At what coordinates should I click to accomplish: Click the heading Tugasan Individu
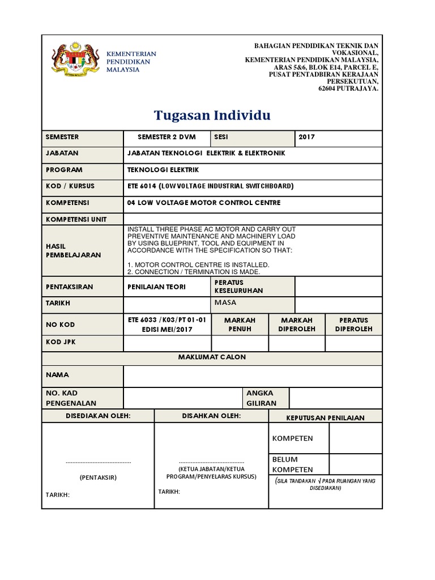[212, 116]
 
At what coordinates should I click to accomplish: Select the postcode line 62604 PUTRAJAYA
[347, 88]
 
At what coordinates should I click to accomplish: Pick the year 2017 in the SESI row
[306, 137]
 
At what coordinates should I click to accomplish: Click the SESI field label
[221, 137]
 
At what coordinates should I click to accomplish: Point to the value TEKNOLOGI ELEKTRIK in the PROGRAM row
[164, 170]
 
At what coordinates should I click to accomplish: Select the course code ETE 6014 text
[144, 186]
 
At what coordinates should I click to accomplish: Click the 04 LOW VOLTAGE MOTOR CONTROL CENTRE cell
[204, 203]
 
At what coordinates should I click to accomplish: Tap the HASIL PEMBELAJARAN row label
[72, 250]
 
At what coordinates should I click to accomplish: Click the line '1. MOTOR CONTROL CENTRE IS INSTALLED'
[199, 265]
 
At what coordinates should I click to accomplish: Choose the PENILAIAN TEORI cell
[157, 287]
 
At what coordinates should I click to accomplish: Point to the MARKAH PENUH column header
[240, 325]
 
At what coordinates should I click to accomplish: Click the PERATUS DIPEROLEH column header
[353, 325]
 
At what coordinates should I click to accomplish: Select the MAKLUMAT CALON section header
[212, 357]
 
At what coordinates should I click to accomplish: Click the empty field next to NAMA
[252, 376]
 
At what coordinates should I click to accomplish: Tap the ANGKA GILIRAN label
[259, 398]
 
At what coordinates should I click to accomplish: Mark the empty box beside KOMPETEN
[355, 438]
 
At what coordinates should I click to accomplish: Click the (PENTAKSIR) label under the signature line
[98, 477]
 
